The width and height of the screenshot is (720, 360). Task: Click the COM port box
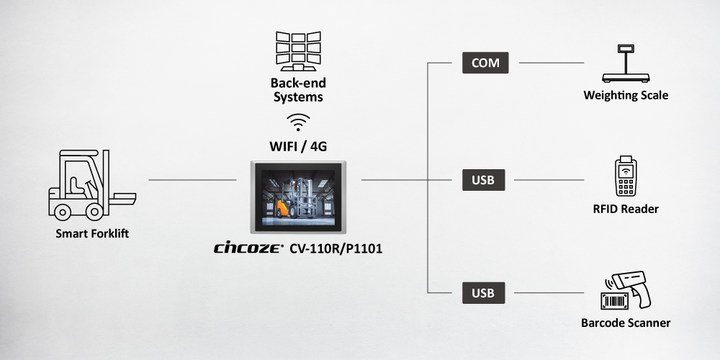pyautogui.click(x=485, y=63)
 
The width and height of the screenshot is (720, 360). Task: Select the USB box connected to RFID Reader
pyautogui.click(x=483, y=179)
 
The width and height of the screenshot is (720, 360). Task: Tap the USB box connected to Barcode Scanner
pyautogui.click(x=483, y=293)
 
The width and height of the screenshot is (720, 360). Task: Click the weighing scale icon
pyautogui.click(x=625, y=65)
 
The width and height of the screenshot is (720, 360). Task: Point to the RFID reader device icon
pyautogui.click(x=626, y=177)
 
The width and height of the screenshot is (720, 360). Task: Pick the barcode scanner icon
pyautogui.click(x=626, y=291)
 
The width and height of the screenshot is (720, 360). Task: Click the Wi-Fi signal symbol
pyautogui.click(x=298, y=121)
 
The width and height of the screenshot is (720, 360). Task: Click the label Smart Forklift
pyautogui.click(x=92, y=234)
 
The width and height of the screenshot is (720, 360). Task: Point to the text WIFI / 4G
pyautogui.click(x=298, y=147)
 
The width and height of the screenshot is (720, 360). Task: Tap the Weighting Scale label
pyautogui.click(x=626, y=95)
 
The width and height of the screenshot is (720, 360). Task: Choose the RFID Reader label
pyautogui.click(x=626, y=209)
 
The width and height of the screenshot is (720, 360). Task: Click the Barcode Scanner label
pyautogui.click(x=626, y=323)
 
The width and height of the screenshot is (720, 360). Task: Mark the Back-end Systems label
pyautogui.click(x=298, y=90)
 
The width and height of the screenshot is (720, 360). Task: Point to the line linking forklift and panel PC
pyautogui.click(x=192, y=179)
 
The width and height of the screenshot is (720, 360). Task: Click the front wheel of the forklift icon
pyautogui.click(x=94, y=210)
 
